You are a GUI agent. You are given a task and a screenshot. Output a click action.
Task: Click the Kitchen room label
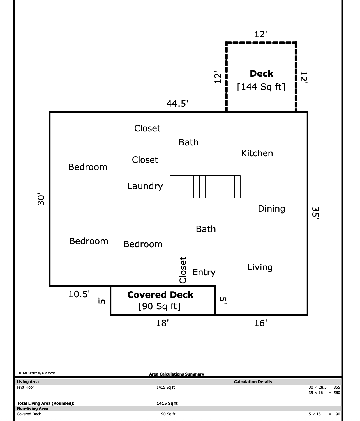point(257,153)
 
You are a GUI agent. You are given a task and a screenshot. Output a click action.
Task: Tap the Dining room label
point(271,209)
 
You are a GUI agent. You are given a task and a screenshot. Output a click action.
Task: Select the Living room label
point(260,267)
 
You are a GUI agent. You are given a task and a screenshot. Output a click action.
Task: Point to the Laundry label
point(145,186)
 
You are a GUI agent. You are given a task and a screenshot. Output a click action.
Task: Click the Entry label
point(204,273)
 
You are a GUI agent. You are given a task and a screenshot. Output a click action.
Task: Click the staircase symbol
point(205,187)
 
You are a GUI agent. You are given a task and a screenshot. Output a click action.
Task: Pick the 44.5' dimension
point(177,104)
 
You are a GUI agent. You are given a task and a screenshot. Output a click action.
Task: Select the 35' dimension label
point(315,213)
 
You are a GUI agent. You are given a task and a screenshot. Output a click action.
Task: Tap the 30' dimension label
point(41,199)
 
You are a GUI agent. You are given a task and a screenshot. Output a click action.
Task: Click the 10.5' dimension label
point(79,294)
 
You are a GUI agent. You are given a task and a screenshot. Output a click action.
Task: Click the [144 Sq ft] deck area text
point(261,87)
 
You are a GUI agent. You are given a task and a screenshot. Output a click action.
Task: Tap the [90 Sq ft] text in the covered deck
point(159,306)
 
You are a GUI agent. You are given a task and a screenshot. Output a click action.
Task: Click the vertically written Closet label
point(183,270)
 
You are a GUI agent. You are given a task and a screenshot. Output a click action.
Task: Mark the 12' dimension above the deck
point(261,34)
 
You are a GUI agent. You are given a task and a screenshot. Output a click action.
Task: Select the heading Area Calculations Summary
point(176,374)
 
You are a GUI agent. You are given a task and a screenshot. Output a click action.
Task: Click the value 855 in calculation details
point(337,387)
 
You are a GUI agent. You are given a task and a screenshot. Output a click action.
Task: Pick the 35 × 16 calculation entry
point(316,393)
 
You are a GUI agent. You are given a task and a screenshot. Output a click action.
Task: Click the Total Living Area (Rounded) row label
point(46,403)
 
